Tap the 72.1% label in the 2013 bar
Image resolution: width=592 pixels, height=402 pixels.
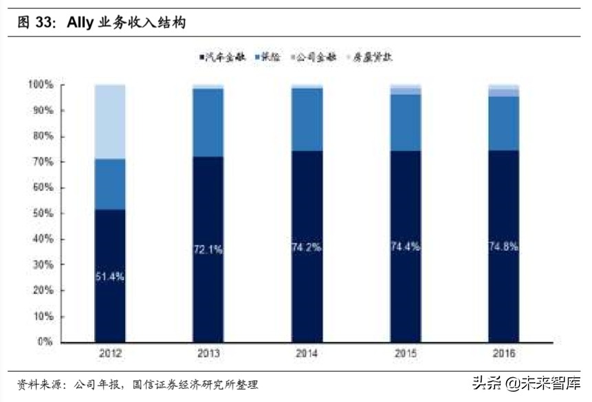(x=208, y=249)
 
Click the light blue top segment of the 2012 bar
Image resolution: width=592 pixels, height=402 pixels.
(x=110, y=122)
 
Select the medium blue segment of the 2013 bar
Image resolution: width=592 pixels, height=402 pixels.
(x=208, y=122)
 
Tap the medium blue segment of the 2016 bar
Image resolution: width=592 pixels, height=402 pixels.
(x=503, y=124)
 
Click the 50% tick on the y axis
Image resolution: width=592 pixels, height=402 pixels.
(x=43, y=213)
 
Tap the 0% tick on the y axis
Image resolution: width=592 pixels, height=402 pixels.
(x=45, y=342)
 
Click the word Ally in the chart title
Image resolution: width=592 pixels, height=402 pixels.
(x=80, y=23)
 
